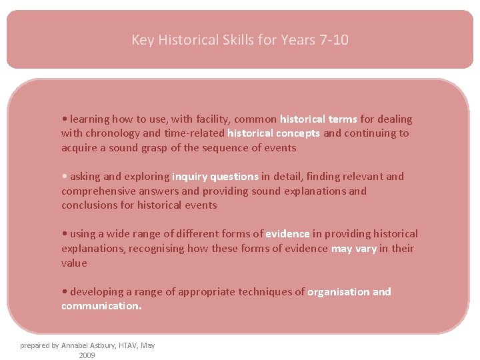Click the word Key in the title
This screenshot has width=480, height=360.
click(143, 40)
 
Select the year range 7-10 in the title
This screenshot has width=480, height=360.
click(333, 40)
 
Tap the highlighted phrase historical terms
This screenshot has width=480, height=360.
click(319, 119)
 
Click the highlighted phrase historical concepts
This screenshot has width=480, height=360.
click(274, 133)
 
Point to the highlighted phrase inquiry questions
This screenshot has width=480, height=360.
click(215, 177)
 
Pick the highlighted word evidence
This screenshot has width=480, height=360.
click(287, 234)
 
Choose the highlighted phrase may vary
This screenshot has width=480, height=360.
click(354, 249)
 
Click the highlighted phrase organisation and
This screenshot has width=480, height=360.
click(349, 292)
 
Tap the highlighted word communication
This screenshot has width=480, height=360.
click(101, 306)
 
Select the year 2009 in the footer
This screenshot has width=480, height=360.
click(87, 355)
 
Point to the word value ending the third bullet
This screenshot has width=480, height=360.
click(74, 263)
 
